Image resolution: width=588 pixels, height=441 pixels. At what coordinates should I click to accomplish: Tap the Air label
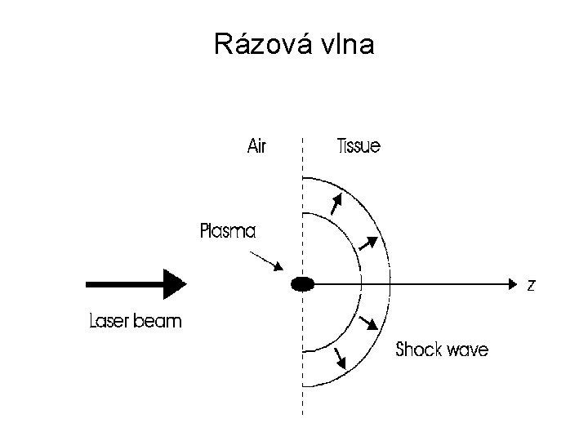(x=257, y=147)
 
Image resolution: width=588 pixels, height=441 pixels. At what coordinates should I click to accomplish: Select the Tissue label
(x=359, y=147)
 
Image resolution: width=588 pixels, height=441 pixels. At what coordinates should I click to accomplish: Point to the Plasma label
(x=228, y=231)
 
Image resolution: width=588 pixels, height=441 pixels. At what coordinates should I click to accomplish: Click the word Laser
(x=109, y=321)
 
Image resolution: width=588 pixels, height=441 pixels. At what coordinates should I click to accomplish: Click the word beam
(x=159, y=321)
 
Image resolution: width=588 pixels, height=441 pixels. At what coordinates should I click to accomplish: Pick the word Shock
(x=420, y=350)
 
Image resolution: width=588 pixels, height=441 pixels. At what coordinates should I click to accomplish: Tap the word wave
(x=469, y=350)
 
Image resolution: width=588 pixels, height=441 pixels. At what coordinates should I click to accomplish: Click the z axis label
(x=532, y=285)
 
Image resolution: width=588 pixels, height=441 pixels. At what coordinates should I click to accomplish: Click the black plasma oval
(x=303, y=284)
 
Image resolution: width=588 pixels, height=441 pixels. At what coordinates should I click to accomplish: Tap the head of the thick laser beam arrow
(x=174, y=284)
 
